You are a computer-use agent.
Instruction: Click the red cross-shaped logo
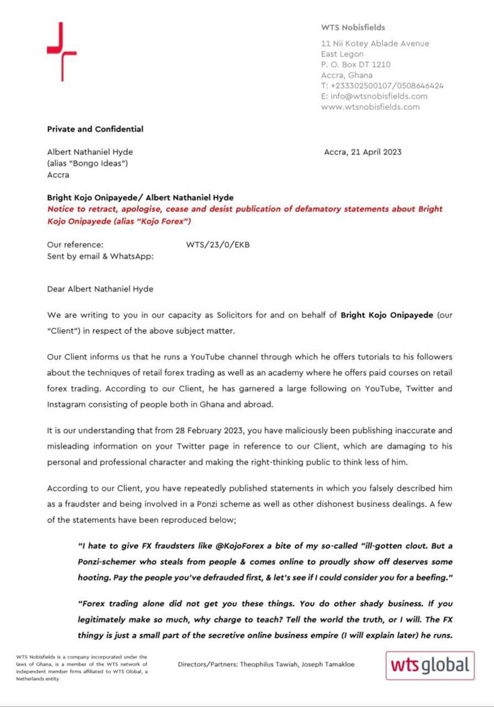point(62,52)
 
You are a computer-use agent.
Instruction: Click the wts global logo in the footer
point(430,665)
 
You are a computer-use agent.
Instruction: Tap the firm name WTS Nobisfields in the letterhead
point(353,27)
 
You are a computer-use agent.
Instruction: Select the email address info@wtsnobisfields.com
point(379,96)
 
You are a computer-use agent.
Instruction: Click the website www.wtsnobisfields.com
point(370,107)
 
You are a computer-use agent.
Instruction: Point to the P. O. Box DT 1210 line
point(356,64)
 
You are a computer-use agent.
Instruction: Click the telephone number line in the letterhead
point(382,86)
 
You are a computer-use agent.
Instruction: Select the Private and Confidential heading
point(95,129)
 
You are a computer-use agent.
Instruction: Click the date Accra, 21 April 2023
point(363,152)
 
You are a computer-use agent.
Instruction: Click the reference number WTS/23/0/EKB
point(217,245)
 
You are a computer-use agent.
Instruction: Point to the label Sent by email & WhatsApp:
point(100,256)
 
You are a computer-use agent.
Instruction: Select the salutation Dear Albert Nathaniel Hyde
point(100,289)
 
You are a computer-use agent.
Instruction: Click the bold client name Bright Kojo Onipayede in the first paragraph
point(386,315)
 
